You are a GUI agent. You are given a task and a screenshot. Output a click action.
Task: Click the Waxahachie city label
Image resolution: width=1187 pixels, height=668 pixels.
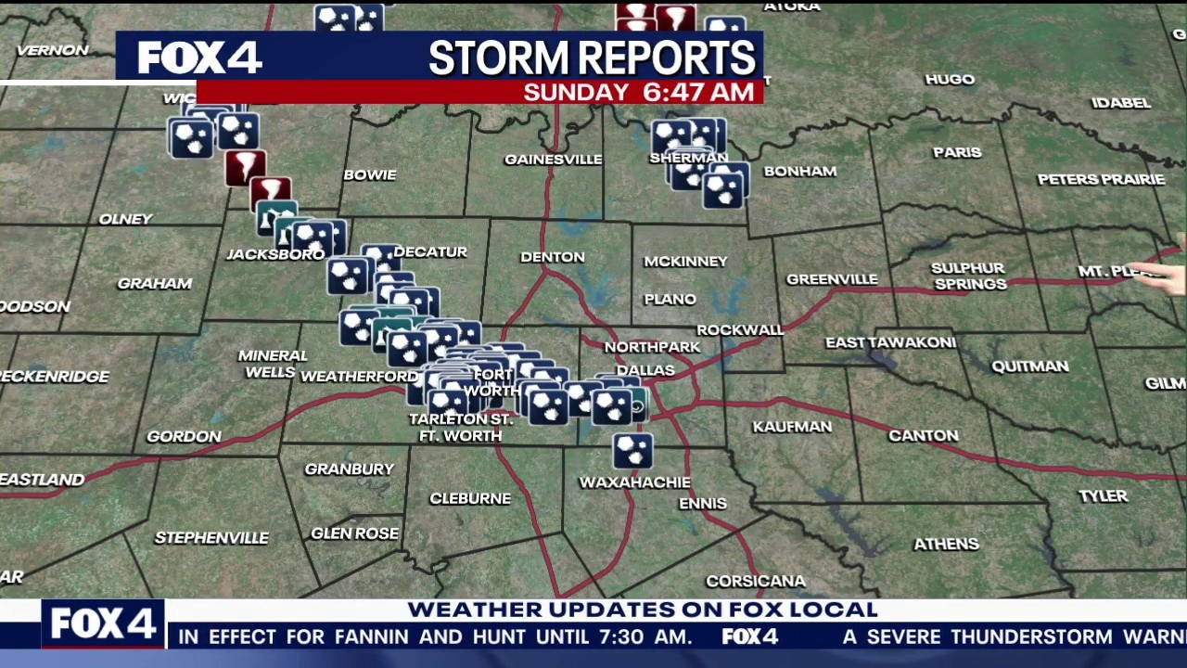pos(634,482)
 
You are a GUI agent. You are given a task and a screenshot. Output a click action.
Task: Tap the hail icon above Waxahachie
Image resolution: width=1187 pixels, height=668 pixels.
pos(632,451)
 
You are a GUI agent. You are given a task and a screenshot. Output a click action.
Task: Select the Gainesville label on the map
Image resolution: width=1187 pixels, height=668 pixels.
pos(553,160)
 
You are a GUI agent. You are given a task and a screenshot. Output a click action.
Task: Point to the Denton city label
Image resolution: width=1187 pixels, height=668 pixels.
pos(553,257)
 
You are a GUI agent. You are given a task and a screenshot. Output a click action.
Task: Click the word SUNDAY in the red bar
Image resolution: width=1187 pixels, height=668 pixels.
pos(576,92)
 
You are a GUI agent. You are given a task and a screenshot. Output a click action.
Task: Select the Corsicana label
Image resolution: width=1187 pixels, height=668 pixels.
pos(756,582)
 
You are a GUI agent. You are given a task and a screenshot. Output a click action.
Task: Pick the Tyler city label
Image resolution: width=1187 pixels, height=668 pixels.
pos(1103,496)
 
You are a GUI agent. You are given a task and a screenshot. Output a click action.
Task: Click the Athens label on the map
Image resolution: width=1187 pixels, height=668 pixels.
pos(946,544)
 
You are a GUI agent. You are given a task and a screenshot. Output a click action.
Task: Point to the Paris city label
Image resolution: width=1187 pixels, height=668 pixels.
pos(957,152)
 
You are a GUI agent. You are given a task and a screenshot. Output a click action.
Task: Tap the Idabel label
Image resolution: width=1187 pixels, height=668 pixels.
pos(1120,103)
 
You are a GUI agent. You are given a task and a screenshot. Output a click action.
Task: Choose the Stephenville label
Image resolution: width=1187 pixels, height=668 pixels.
pos(211,538)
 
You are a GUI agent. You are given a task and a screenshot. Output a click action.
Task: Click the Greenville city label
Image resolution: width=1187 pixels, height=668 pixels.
pos(832,279)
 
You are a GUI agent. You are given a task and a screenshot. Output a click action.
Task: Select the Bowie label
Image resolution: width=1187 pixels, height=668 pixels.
pos(370,175)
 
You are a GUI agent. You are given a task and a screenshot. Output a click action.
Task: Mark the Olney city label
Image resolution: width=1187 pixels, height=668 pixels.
pos(125,220)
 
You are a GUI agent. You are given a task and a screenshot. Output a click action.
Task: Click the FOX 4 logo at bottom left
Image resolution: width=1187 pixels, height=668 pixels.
pos(103,623)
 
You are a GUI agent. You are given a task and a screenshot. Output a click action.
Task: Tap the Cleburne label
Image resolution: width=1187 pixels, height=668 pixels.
pos(470,499)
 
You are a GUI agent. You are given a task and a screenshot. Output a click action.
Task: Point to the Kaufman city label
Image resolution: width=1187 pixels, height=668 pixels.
pos(792,427)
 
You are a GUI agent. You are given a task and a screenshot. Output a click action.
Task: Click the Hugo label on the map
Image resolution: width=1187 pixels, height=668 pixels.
pos(950,80)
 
